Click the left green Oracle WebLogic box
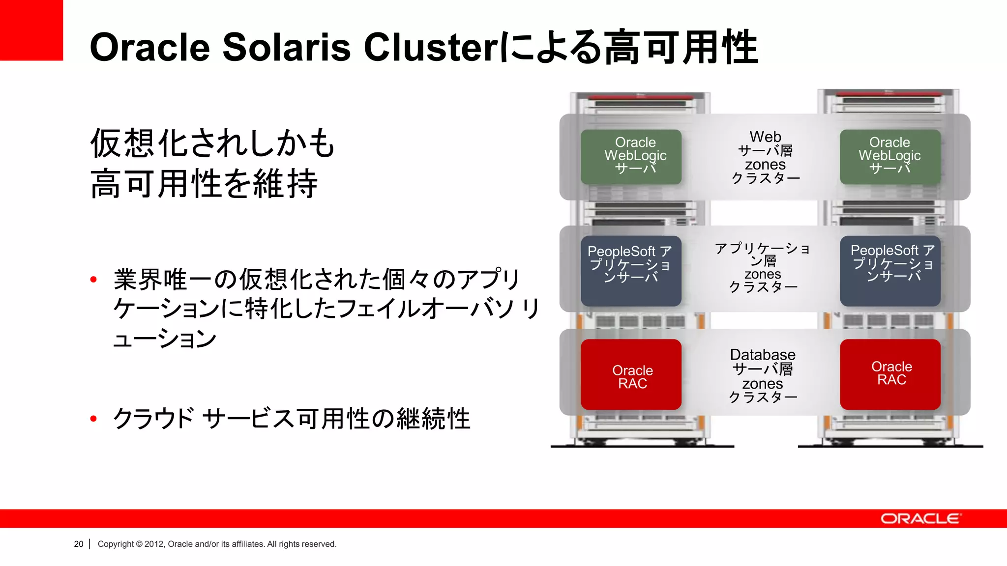click(631, 157)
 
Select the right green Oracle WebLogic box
click(890, 157)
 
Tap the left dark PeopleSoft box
click(631, 271)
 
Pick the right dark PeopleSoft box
click(890, 271)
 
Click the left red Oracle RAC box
click(631, 374)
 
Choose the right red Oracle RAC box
click(890, 374)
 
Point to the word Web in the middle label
click(765, 137)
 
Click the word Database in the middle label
click(763, 355)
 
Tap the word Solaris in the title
click(286, 47)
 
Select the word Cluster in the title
click(431, 47)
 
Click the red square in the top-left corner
click(31, 30)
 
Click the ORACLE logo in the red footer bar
click(920, 519)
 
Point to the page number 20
click(79, 544)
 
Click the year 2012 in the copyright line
click(154, 544)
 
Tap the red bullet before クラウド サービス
click(93, 419)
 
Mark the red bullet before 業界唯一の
click(93, 280)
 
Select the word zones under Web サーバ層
click(765, 165)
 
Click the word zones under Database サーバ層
click(763, 383)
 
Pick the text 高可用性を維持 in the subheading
click(204, 184)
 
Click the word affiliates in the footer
click(248, 544)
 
